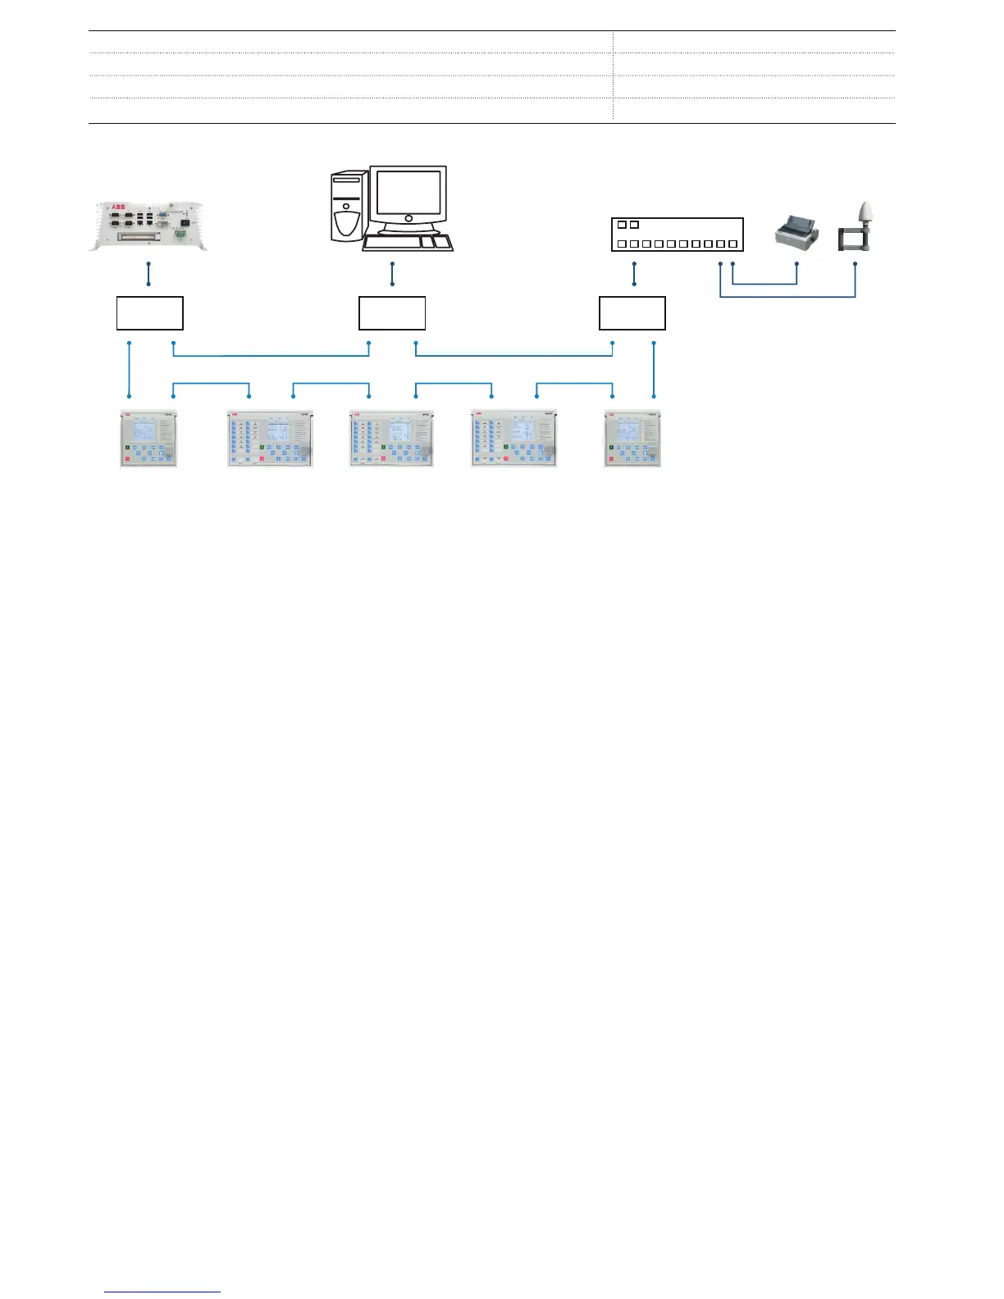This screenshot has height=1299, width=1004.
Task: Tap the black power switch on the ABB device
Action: click(186, 221)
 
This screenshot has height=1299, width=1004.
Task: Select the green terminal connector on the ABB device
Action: click(179, 236)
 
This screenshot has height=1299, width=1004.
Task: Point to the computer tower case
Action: click(348, 206)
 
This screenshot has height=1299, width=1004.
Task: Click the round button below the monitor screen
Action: click(408, 219)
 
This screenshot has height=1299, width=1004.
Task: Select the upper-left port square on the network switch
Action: click(622, 225)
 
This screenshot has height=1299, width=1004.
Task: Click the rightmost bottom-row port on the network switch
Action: click(732, 244)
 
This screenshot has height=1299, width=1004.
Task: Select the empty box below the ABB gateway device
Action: click(149, 313)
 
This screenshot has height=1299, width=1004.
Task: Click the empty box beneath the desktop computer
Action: click(392, 313)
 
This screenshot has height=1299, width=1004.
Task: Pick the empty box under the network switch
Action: click(632, 313)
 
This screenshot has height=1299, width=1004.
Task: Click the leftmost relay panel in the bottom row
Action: click(148, 439)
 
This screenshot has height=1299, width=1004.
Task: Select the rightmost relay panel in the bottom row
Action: click(632, 439)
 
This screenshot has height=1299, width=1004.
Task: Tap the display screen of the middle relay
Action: click(400, 432)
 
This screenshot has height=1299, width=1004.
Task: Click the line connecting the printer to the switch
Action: click(764, 284)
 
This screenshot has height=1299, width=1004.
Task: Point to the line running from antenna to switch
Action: click(787, 296)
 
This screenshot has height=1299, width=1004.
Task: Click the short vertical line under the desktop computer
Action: click(393, 274)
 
